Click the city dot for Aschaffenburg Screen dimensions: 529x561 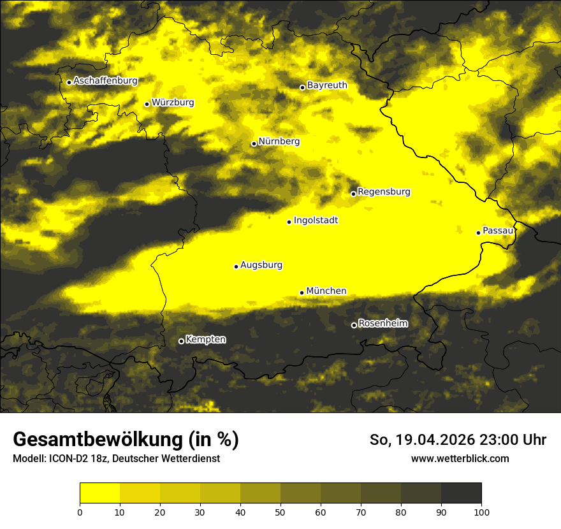point(69,82)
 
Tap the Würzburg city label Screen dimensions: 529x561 point(173,102)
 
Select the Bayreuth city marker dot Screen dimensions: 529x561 point(303,87)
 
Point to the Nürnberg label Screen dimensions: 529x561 point(279,141)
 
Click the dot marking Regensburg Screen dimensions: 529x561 point(354,194)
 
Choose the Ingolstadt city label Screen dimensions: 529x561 point(316,221)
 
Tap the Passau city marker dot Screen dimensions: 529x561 point(478,233)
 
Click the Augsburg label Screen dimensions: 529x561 point(261,265)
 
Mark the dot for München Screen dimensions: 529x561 point(302,293)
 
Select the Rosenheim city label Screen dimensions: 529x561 point(383,323)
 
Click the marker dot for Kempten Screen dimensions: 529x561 point(181,342)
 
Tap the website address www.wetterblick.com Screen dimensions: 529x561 point(460,458)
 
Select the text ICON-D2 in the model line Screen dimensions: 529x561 point(64,458)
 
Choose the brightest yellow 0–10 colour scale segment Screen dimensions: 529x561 point(99,493)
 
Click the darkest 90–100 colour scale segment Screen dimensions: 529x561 point(461,493)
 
